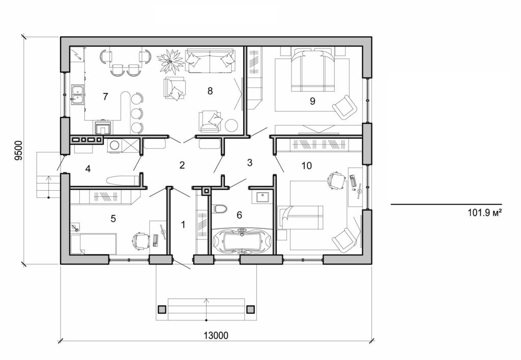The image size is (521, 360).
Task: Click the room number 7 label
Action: tap(105, 97)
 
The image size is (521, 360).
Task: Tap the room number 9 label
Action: tap(312, 101)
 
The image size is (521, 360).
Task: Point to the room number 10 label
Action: tap(306, 165)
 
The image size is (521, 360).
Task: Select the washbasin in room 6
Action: tap(263, 196)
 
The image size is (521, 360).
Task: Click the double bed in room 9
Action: tap(312, 71)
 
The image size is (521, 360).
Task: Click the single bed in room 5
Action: tap(94, 243)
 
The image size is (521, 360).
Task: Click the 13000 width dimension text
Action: tap(216, 335)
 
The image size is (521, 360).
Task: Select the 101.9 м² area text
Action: tap(485, 213)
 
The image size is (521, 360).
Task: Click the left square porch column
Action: tap(162, 309)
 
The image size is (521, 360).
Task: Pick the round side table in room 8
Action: tap(232, 125)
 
